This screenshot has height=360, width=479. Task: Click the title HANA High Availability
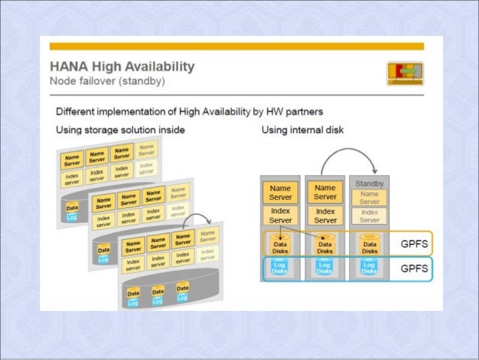(x=122, y=66)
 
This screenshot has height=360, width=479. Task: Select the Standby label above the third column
(x=368, y=183)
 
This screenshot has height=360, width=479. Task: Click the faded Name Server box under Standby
(x=368, y=197)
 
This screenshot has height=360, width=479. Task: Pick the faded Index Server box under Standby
(x=368, y=215)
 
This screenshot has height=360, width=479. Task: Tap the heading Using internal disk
(x=303, y=130)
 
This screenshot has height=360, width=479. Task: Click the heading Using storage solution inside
(x=120, y=130)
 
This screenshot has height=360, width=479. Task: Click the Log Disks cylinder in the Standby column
(x=368, y=268)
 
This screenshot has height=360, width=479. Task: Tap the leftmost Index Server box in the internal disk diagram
(x=280, y=215)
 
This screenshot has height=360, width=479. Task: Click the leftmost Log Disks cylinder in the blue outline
(x=280, y=268)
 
